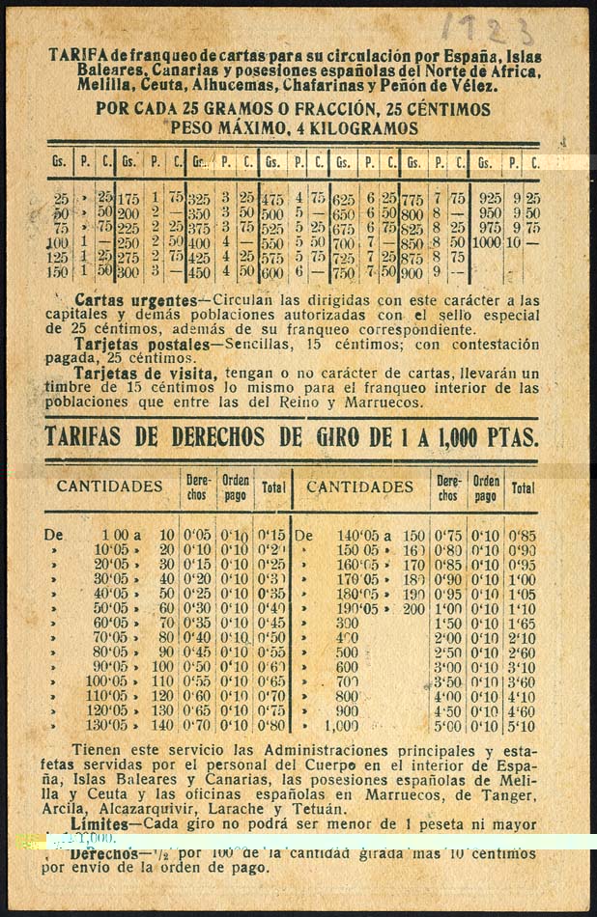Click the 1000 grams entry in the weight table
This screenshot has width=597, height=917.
(486, 242)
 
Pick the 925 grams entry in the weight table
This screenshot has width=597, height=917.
(490, 197)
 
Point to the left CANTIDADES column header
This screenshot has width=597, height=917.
(109, 486)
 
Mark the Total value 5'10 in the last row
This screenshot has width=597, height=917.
(523, 727)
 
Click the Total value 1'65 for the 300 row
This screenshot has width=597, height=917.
(523, 625)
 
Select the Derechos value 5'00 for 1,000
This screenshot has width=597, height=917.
(447, 727)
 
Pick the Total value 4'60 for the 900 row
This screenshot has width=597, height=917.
(523, 710)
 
